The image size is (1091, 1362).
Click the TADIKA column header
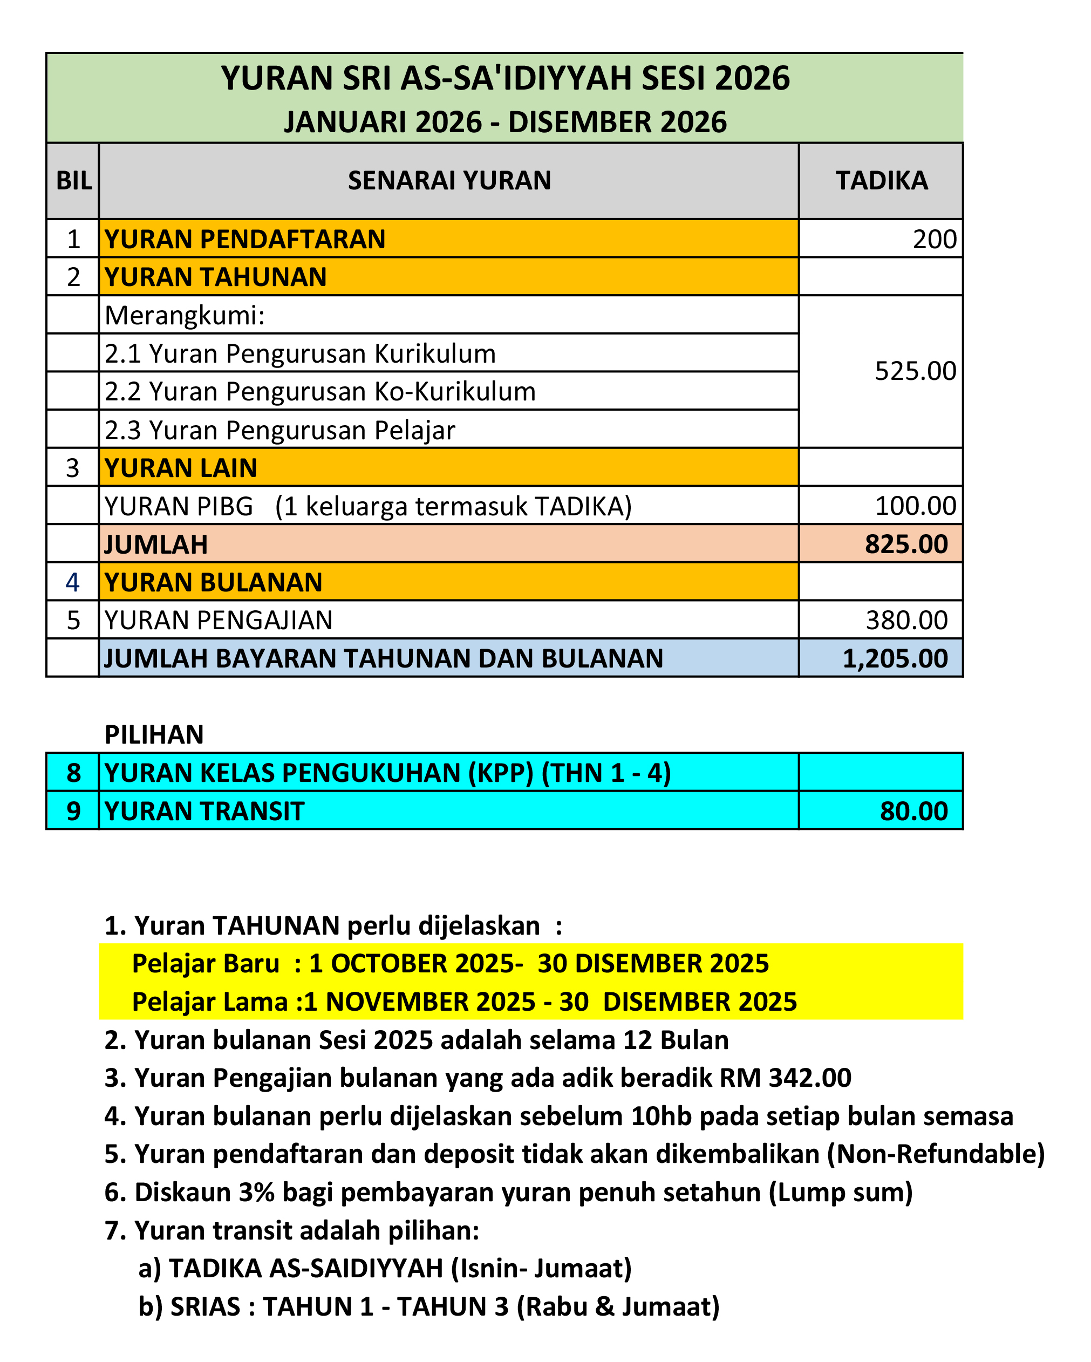(x=881, y=181)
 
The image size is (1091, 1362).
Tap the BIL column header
(x=73, y=181)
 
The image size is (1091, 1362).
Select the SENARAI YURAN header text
(x=449, y=181)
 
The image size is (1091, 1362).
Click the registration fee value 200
(x=935, y=240)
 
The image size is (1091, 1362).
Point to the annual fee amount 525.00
(x=915, y=371)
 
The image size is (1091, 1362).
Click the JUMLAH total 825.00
(x=906, y=544)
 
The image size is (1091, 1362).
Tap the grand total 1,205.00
(x=895, y=658)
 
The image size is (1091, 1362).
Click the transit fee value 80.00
(x=913, y=811)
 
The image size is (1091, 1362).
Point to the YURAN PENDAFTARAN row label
(x=244, y=240)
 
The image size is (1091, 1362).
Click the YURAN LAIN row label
(x=181, y=468)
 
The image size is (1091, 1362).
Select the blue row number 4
(x=73, y=582)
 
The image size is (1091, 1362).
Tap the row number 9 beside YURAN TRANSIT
(x=73, y=811)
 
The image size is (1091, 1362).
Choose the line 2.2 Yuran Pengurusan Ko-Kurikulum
(x=319, y=392)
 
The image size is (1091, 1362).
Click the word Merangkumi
(x=184, y=315)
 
